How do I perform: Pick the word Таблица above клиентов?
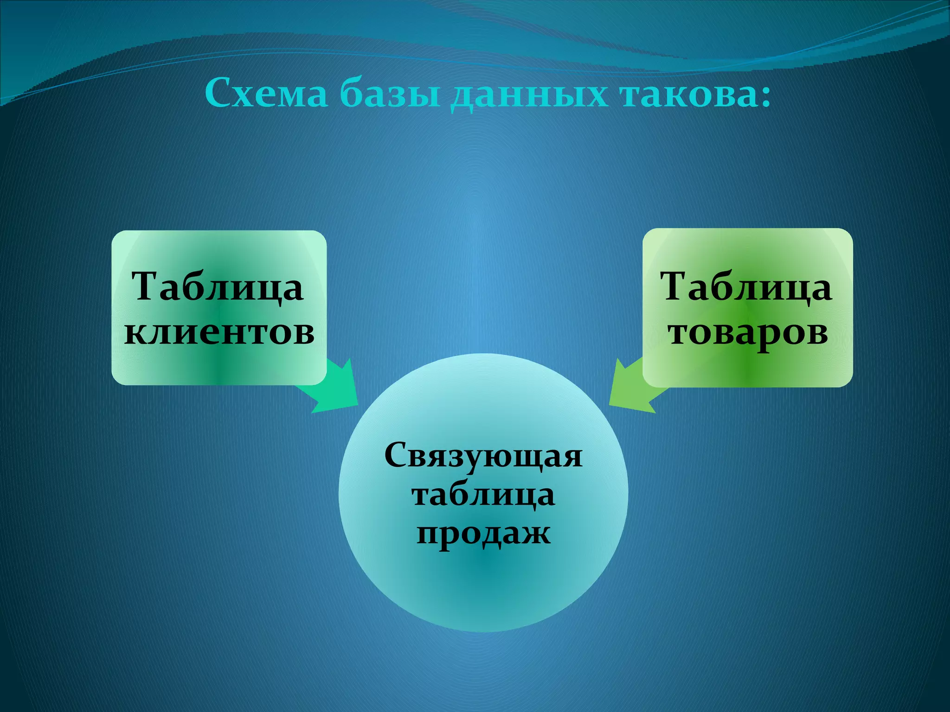tap(218, 286)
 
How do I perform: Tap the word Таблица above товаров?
tap(747, 286)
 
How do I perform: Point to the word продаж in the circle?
tap(483, 533)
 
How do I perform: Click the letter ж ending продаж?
tap(538, 533)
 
